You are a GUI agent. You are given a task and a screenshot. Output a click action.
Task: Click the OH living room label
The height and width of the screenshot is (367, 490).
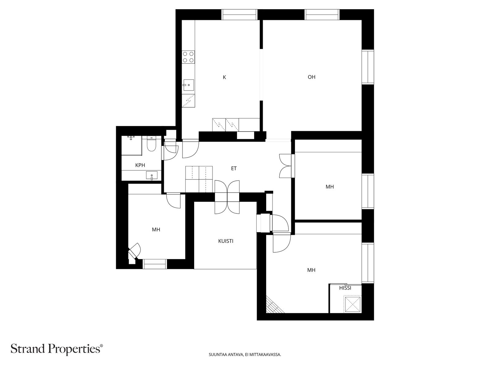[x=311, y=77]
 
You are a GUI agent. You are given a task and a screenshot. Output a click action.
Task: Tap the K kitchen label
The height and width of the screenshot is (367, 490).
[x=224, y=77]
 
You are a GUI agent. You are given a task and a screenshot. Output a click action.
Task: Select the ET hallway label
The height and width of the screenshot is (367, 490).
[x=234, y=169]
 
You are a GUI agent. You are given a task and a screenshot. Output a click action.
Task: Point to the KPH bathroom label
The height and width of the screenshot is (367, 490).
[x=140, y=165]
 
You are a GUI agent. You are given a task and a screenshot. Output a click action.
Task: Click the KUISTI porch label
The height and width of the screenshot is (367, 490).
[x=226, y=241]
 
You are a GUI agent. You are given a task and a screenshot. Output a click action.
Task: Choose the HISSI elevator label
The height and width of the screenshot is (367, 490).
[x=345, y=288]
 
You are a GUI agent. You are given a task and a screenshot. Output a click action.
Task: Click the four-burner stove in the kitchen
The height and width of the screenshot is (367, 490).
[x=188, y=57]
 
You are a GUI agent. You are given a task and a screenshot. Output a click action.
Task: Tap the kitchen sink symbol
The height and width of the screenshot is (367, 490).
[x=188, y=85]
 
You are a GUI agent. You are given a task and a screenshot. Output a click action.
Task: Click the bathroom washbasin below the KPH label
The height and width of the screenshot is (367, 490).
[x=152, y=176]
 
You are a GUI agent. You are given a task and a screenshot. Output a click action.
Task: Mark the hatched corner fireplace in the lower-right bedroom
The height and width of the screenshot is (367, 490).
[x=274, y=306]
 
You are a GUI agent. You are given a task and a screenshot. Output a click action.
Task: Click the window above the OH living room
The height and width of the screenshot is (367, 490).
[x=322, y=15]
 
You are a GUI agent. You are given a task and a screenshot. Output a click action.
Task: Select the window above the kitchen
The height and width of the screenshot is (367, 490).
[x=239, y=15]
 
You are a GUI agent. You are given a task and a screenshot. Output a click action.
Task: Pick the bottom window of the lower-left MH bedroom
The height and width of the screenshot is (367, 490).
[x=155, y=264]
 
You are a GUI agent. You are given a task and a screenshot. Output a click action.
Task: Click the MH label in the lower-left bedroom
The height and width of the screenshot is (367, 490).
[x=156, y=230]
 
